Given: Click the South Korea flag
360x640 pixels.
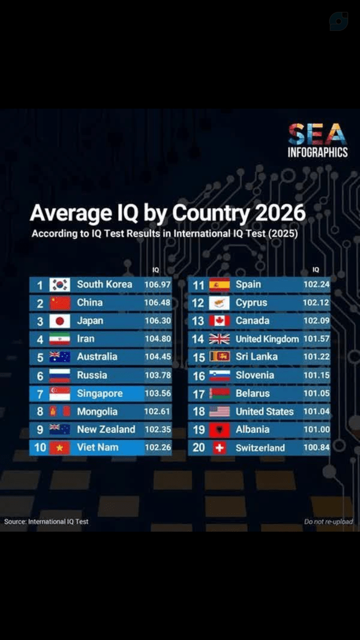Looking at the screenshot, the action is click(x=60, y=285).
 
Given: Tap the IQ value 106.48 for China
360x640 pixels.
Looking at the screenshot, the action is click(x=158, y=303).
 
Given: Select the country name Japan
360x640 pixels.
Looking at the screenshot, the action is click(x=90, y=321).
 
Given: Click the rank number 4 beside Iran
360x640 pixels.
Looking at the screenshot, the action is click(x=40, y=339).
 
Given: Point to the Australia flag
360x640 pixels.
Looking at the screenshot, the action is click(x=60, y=357).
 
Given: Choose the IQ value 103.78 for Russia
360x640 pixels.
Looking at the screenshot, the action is click(x=158, y=375).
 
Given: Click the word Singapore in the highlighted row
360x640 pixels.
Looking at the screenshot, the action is click(x=100, y=394).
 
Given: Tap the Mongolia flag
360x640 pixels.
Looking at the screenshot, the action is click(x=60, y=411).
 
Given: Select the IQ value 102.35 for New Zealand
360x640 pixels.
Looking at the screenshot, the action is click(x=158, y=429).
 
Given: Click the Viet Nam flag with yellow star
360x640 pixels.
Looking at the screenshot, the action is click(x=60, y=448).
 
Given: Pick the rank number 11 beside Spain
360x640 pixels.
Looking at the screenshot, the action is click(x=199, y=285).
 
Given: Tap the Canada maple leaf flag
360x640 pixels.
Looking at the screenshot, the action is click(x=220, y=321).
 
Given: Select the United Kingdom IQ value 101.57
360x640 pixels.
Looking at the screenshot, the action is click(x=316, y=339).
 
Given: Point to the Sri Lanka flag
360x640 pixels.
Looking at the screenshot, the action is click(x=220, y=357).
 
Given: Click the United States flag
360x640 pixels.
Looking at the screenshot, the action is click(x=220, y=411).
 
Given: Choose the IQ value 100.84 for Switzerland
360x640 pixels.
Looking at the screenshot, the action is click(x=316, y=448).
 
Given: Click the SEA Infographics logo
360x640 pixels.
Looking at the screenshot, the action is click(x=318, y=140).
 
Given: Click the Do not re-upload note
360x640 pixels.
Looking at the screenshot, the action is click(x=329, y=522).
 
